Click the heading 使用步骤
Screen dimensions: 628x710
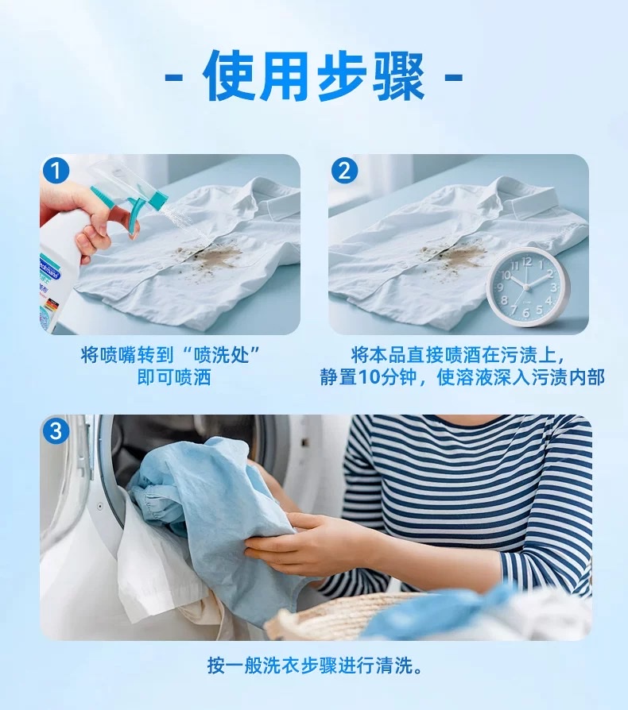coord(313,76)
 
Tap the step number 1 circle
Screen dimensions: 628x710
coord(56,171)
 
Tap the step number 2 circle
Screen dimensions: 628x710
coord(344,171)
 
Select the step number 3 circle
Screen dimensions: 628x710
coord(56,430)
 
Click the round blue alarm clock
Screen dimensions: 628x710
coord(525,287)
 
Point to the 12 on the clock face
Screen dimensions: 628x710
coord(526,261)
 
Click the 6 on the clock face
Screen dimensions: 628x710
coord(525,313)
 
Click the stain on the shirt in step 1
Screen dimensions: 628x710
coord(214,260)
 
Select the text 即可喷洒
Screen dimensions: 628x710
coord(174,377)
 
